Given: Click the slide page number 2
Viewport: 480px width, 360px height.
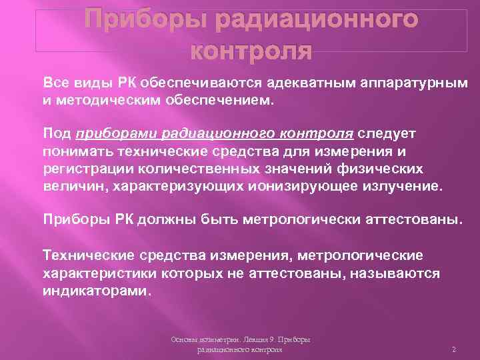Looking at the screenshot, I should pyautogui.click(x=453, y=349).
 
